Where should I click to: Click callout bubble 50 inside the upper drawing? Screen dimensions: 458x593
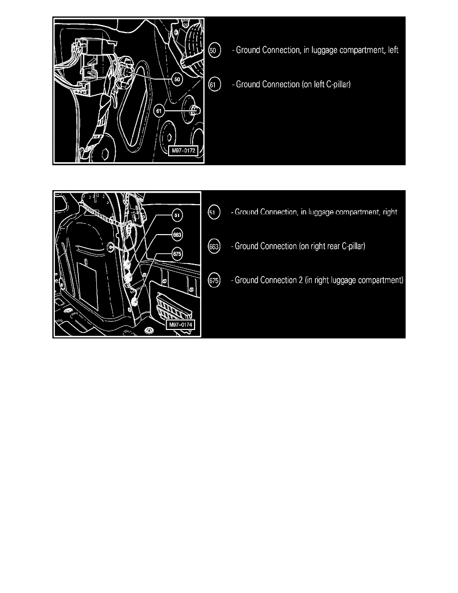(177, 79)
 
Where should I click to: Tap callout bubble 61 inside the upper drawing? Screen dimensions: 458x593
(159, 111)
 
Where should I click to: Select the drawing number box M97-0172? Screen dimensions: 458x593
(184, 151)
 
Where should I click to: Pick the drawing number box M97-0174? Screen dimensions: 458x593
(181, 324)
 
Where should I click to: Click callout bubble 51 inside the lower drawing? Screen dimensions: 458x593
(177, 215)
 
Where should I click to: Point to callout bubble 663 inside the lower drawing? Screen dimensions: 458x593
(177, 235)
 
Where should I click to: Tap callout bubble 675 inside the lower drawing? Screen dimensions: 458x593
(177, 254)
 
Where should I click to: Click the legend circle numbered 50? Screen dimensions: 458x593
(214, 50)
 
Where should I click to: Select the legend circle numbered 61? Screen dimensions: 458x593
(214, 85)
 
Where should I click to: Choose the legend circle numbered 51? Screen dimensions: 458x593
(214, 212)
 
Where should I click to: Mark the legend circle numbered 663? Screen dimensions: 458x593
(214, 247)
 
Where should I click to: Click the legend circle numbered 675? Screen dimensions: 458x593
(214, 280)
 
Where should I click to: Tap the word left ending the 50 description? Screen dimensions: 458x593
(393, 50)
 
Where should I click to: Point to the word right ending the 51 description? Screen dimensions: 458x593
(390, 212)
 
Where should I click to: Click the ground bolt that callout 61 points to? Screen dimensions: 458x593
(195, 110)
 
